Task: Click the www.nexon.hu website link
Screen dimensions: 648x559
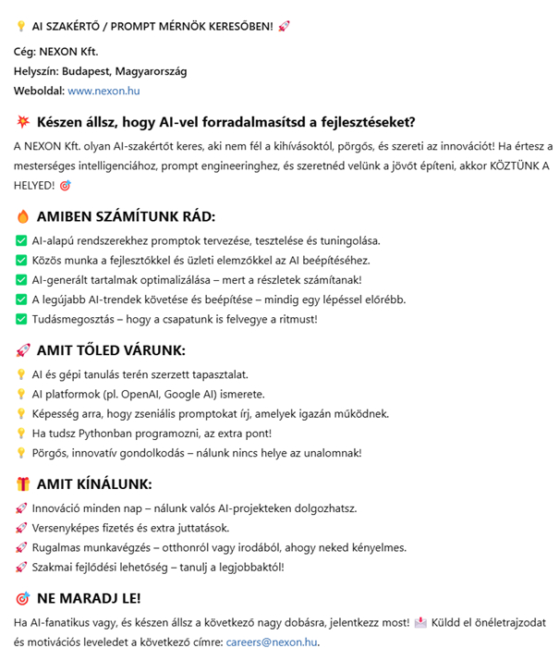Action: tap(103, 91)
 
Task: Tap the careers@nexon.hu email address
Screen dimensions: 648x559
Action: tap(272, 641)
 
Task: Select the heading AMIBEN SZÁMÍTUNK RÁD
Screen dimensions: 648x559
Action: tap(126, 216)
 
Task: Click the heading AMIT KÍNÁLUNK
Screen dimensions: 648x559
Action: tap(94, 483)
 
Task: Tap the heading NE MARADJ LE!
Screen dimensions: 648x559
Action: tap(89, 597)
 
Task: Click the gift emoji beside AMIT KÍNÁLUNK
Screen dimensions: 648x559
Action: tap(23, 483)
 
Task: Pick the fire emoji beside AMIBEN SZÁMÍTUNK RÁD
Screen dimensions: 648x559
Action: tap(23, 216)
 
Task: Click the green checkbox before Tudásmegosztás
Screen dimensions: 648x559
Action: tap(21, 319)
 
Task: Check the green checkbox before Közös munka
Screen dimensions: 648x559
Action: tap(21, 260)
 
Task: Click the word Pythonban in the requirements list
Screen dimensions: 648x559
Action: tap(97, 433)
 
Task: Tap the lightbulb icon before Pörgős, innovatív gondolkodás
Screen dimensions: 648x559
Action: tap(21, 453)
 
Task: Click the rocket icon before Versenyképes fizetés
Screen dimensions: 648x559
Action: tap(21, 528)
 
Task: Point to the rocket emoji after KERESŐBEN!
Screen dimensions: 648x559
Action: tap(284, 26)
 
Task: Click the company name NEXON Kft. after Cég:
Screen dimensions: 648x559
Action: tap(69, 52)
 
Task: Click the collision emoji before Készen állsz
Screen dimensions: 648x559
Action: tap(23, 122)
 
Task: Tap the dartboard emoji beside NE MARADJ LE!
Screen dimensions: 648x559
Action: tap(23, 597)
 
